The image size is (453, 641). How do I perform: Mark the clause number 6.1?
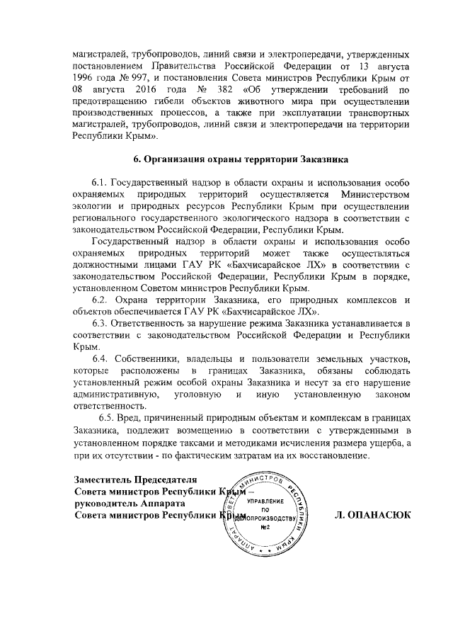click(x=101, y=181)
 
